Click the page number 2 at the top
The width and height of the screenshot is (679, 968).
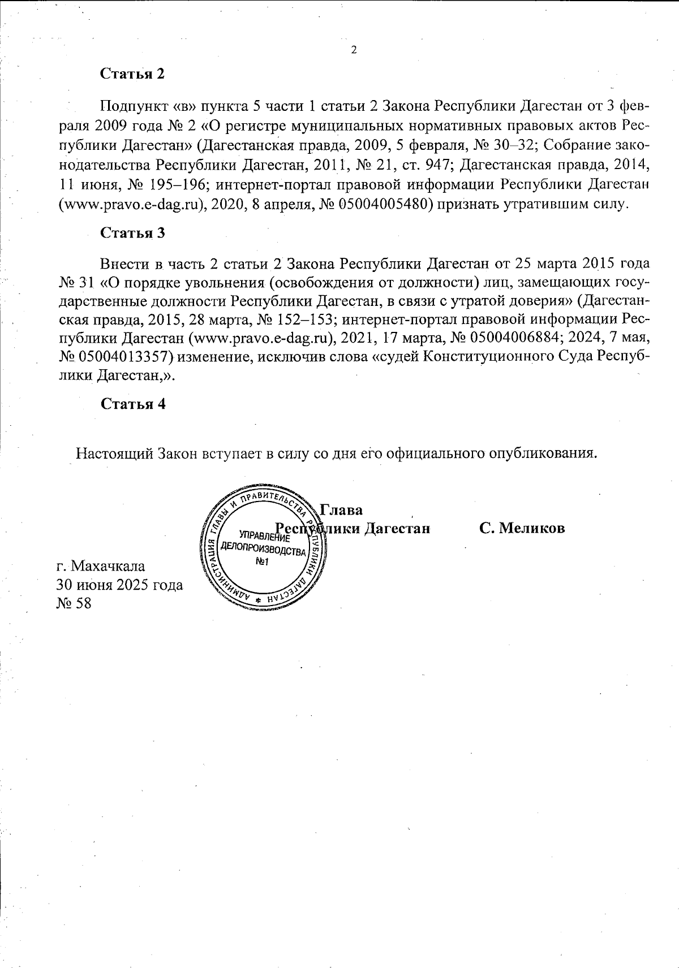354,50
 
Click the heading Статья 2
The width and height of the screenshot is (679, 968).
132,74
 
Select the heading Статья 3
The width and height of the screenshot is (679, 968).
132,232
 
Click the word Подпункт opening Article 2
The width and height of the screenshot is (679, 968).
132,106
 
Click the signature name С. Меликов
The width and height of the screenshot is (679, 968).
522,528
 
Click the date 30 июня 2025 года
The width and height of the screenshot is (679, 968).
119,584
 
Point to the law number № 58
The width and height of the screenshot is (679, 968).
74,603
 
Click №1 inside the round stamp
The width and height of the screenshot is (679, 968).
261,561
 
